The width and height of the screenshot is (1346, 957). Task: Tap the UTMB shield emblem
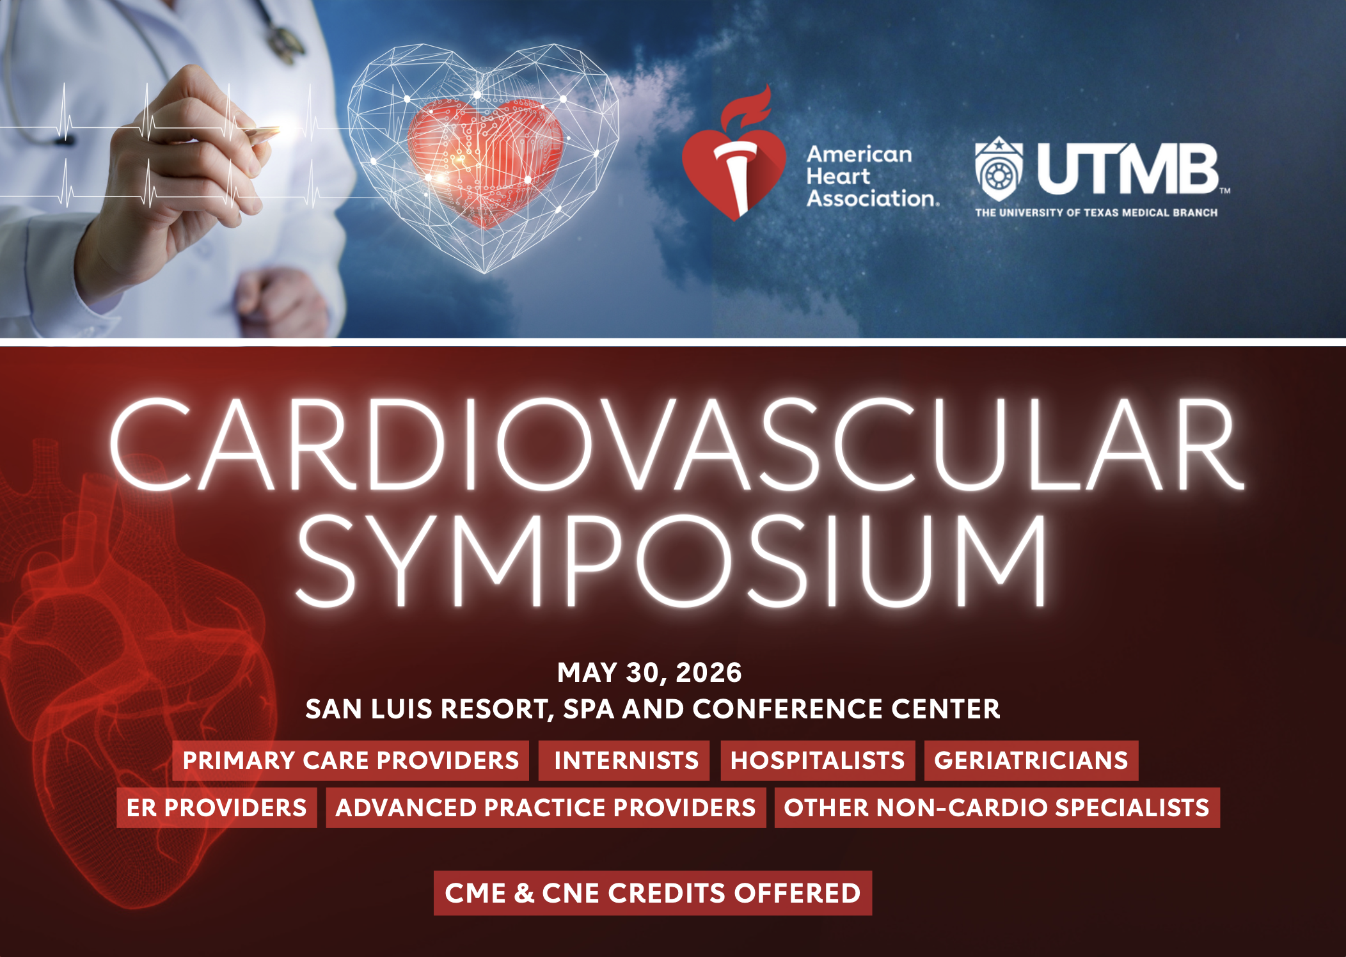998,169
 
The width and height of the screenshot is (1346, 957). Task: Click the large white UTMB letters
1128,169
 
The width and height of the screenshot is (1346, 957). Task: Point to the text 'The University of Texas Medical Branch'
1096,212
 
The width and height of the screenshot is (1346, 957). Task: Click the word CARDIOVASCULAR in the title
677,445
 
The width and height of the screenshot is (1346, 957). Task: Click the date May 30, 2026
649,672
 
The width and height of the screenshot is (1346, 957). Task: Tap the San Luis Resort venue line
653,709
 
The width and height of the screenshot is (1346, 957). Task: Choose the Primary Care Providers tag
351,761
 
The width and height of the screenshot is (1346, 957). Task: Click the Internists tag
624,761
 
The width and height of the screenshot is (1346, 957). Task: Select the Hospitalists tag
818,761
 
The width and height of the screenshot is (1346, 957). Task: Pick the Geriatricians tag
1031,761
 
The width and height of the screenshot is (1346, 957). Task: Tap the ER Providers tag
217,808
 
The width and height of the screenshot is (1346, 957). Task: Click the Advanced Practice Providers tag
546,808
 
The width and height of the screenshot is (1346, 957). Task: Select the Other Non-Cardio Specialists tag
997,808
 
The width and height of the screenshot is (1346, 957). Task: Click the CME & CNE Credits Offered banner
653,893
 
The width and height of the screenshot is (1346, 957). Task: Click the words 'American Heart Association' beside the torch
873,176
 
